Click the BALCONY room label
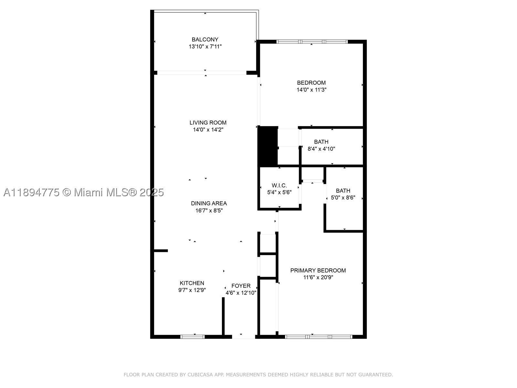tap(205, 39)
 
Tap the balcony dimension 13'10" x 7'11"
tap(205, 47)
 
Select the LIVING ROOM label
tap(208, 123)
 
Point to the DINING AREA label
tap(209, 203)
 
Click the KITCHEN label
tap(192, 283)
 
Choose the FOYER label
tap(241, 286)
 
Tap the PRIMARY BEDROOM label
tap(318, 270)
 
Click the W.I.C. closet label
tap(279, 185)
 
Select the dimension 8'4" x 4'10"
tap(321, 149)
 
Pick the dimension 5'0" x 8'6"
tap(343, 198)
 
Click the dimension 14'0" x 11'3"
tap(311, 90)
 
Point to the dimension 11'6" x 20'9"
tap(318, 277)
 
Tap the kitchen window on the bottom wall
tap(193, 337)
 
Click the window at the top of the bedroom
tap(312, 42)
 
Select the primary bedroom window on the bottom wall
tap(319, 337)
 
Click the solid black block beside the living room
tap(268, 146)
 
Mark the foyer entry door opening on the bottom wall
tap(244, 337)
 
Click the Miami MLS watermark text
tap(84, 192)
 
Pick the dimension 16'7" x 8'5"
tap(209, 210)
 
